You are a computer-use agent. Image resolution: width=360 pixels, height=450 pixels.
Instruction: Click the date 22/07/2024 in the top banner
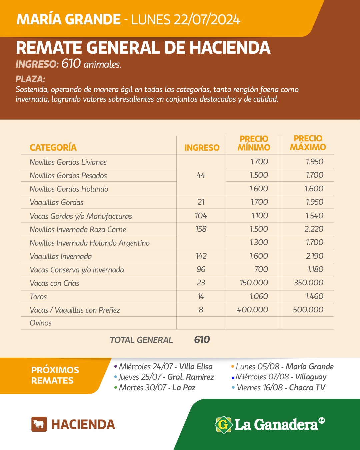coord(206,20)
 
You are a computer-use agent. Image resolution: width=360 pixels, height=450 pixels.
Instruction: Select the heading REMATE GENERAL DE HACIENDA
coord(143,48)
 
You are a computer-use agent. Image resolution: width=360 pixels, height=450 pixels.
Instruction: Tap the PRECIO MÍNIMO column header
coord(254,143)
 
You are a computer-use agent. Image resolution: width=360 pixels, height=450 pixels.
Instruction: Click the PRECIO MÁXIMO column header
coord(308,143)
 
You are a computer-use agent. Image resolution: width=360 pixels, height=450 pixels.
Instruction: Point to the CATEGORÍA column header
coord(53,148)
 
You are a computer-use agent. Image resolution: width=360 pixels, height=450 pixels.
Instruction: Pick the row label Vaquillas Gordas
coord(56,202)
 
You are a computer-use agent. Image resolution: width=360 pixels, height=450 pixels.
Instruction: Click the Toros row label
coord(38,297)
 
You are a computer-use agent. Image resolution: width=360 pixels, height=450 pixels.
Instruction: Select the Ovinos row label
coord(41,323)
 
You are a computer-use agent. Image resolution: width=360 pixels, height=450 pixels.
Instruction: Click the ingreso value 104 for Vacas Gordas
coord(201,216)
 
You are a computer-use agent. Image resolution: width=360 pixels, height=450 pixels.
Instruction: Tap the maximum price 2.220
coord(314,229)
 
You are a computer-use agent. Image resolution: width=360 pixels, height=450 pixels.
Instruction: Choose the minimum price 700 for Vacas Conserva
coord(261,269)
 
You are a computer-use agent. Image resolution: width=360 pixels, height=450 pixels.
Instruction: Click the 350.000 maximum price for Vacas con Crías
coord(308,283)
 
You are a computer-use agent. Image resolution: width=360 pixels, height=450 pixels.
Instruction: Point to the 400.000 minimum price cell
coord(252,310)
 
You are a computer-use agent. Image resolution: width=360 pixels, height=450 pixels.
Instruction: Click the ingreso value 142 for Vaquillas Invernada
coord(201,256)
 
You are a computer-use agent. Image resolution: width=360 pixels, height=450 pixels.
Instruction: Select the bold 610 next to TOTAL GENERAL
coord(202,340)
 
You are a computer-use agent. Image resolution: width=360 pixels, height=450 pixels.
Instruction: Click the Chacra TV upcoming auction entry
coord(281,388)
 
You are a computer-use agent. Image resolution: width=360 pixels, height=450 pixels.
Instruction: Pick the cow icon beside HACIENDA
coord(39,424)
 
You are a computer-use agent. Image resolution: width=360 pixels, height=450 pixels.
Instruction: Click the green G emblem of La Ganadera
coord(223,425)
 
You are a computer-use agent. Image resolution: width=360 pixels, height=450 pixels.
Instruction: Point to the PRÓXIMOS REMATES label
coord(55,375)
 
